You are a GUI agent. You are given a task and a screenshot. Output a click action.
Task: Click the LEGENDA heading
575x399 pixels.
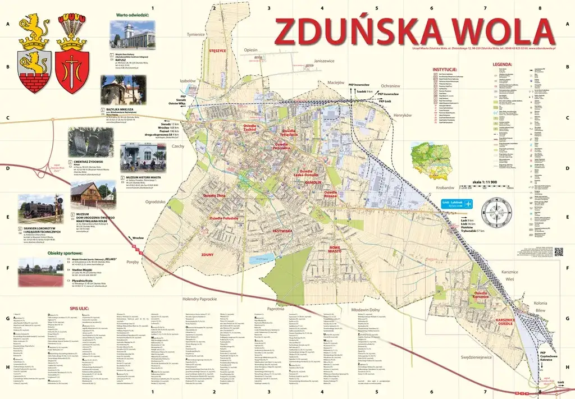502,65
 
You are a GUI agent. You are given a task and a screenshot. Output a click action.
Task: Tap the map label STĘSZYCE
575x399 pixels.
217,50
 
